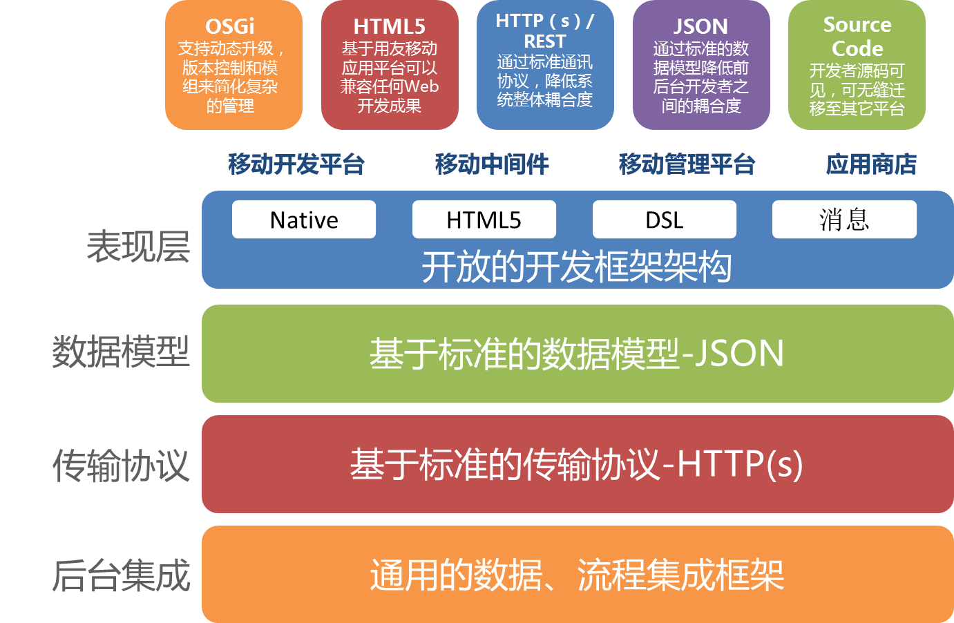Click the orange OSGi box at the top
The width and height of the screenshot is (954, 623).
(x=233, y=65)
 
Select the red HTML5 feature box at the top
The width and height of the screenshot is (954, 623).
(x=390, y=65)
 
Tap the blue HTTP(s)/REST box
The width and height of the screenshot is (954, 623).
(x=545, y=65)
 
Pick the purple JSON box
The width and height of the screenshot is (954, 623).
(x=701, y=65)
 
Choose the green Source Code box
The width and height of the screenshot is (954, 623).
(x=857, y=65)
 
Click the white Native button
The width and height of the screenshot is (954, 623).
(x=304, y=220)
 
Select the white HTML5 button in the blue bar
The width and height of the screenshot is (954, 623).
(x=484, y=220)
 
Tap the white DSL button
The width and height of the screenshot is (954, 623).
(x=664, y=220)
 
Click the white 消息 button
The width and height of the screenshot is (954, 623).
(x=844, y=220)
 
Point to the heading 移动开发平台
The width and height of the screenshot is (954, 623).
(x=296, y=164)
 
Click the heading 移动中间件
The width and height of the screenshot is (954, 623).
(x=492, y=164)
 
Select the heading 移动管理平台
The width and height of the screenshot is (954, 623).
(x=687, y=164)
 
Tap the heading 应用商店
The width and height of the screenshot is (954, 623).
(x=871, y=164)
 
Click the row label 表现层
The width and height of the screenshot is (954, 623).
(x=138, y=247)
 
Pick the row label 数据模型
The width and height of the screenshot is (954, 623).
(x=121, y=352)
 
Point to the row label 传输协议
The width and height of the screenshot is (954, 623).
(x=121, y=465)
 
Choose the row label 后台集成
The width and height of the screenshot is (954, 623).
(x=121, y=575)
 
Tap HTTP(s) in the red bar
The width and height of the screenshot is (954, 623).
(x=739, y=463)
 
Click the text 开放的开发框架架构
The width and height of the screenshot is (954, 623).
(x=577, y=267)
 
